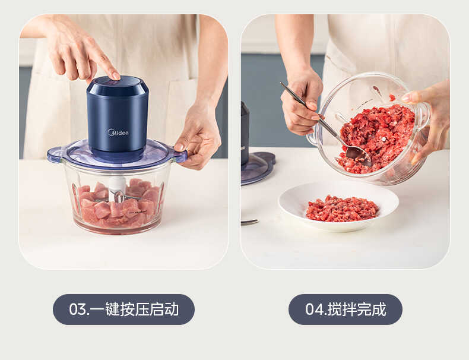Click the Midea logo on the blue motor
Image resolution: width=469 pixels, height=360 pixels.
[118, 132]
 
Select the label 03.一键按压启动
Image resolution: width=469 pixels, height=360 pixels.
[123, 310]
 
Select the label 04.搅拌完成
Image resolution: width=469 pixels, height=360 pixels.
[345, 310]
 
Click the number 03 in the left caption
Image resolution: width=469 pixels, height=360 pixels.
[78, 310]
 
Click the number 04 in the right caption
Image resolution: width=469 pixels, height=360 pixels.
[315, 310]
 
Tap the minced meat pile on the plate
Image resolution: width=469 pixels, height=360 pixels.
[343, 208]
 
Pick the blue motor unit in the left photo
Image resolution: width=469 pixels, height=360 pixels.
[118, 116]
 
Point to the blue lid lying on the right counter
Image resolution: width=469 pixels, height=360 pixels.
[256, 169]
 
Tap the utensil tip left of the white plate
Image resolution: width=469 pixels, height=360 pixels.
[249, 222]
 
